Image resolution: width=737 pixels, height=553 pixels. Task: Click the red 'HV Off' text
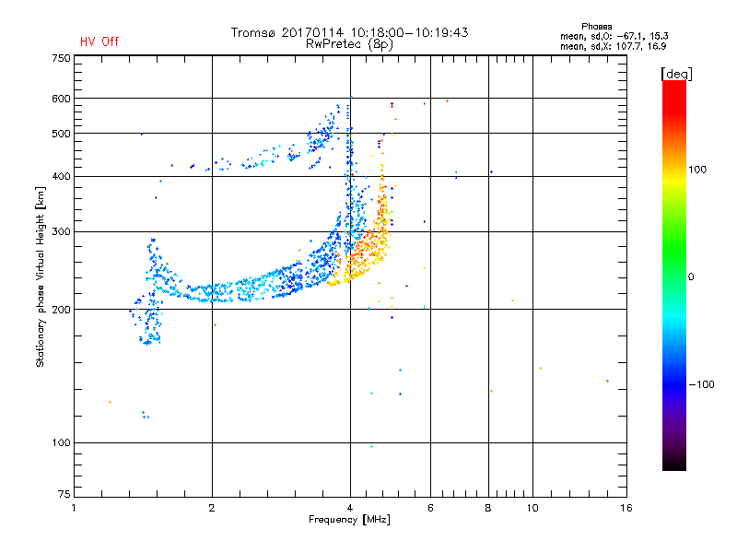click(99, 41)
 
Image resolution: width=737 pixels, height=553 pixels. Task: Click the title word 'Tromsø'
click(256, 32)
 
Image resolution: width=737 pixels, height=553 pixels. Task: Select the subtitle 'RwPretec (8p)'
click(350, 43)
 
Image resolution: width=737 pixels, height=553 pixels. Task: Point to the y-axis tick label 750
click(61, 58)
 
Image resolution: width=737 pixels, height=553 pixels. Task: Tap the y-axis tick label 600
click(61, 99)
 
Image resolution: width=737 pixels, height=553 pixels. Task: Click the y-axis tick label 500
click(61, 134)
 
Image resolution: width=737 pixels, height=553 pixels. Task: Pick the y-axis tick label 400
click(61, 176)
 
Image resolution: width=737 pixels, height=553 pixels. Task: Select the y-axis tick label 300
click(61, 231)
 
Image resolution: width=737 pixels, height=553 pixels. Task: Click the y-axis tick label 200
click(61, 310)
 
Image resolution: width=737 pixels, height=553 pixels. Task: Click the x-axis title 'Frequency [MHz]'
click(349, 521)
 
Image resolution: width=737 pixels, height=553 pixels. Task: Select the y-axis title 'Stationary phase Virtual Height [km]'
click(41, 276)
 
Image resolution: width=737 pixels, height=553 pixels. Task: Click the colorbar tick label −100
click(703, 384)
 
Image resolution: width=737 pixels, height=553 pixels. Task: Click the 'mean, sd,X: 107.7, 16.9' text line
click(620, 45)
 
